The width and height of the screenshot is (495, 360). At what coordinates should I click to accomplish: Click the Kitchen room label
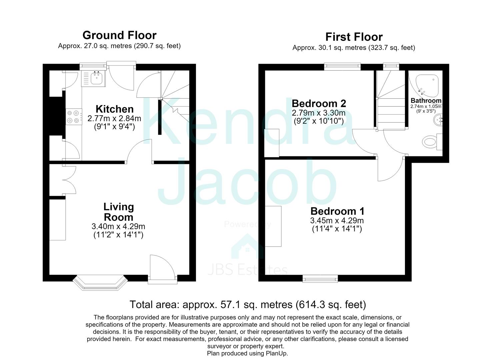point(114,109)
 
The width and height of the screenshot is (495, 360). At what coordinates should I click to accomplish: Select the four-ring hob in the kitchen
point(74,117)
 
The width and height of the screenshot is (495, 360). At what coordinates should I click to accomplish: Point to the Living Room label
point(119,212)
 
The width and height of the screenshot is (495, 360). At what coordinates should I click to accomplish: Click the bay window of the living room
point(100,283)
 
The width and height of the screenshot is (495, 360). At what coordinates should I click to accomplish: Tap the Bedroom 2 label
point(319,104)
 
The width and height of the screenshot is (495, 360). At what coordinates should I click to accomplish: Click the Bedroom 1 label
point(337,211)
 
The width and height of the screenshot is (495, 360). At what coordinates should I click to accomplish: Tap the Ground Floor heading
point(120,35)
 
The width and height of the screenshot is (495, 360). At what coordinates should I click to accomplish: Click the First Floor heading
point(354,37)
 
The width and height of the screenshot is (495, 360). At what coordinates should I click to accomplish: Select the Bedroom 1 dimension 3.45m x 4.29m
point(337,220)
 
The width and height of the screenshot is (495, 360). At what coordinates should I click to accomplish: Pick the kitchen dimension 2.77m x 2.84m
point(114,118)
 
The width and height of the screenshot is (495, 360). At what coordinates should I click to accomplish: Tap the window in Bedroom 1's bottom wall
point(320,279)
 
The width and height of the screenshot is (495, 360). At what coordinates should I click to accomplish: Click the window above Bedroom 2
point(343,67)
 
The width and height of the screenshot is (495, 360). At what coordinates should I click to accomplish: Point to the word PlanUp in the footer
point(277,353)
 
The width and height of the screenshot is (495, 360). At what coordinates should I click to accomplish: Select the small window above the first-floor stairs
point(391,67)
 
